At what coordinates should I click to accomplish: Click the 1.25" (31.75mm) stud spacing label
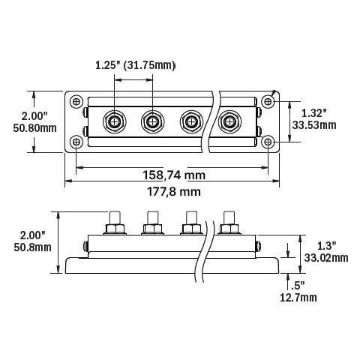tap(135, 65)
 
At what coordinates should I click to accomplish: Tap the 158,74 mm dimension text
tap(174, 175)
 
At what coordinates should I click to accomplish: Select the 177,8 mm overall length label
tap(174, 192)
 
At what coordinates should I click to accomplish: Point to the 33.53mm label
tap(314, 125)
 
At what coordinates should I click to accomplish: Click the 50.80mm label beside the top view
tap(34, 128)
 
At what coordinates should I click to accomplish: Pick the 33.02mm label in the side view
tap(326, 258)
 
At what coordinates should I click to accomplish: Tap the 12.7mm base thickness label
tap(298, 298)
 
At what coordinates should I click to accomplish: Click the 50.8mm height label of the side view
tap(32, 247)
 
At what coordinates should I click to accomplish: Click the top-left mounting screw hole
tap(76, 102)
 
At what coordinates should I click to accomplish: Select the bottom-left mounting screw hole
tap(76, 142)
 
